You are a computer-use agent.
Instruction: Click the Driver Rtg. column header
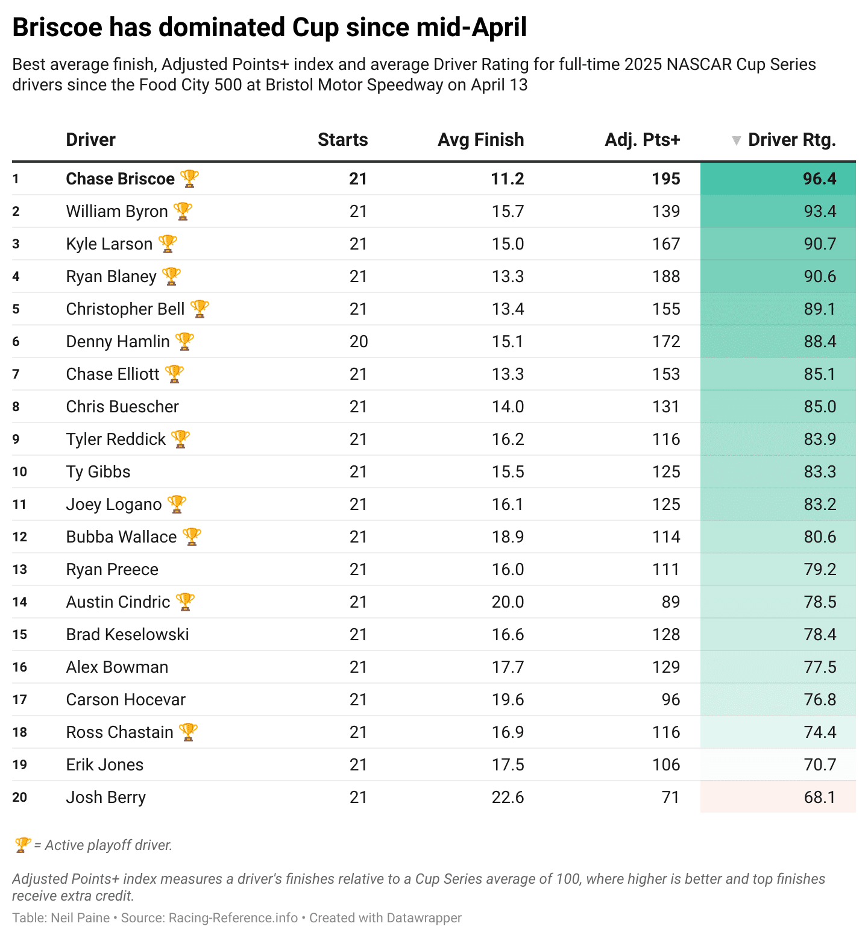coord(791,140)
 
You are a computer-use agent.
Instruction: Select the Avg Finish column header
coord(480,140)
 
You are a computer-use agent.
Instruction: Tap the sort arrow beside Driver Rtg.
coord(736,140)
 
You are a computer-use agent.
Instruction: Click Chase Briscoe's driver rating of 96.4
coord(819,179)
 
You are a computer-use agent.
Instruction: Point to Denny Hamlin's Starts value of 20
coord(359,342)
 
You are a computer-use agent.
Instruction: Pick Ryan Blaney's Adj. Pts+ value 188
coord(666,277)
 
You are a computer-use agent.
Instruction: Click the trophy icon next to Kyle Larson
coord(168,244)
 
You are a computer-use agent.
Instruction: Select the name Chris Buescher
coord(122,407)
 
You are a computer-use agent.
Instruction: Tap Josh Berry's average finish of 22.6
coord(508,798)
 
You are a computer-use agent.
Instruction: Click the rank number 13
coord(20,570)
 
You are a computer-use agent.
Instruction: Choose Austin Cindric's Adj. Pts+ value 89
coord(670,602)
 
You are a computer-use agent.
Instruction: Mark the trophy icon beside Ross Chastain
coord(189,732)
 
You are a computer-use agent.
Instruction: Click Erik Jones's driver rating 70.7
coord(820,765)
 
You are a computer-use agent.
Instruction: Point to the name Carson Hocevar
coord(125,700)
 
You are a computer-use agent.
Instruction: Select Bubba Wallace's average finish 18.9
coord(508,537)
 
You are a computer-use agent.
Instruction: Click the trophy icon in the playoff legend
coord(22,845)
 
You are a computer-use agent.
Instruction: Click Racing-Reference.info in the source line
coord(233,918)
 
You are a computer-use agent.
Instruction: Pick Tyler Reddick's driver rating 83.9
coord(820,439)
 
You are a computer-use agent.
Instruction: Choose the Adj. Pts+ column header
coord(643,140)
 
